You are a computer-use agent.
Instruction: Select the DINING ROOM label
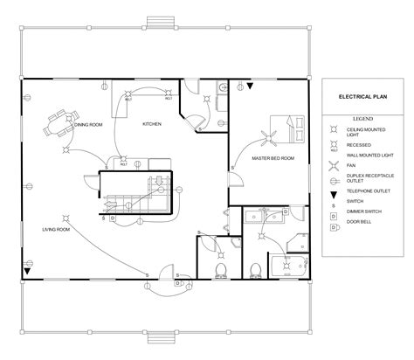[88, 125]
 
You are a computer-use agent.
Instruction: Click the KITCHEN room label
[153, 124]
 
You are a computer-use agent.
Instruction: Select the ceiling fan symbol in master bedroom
[266, 135]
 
